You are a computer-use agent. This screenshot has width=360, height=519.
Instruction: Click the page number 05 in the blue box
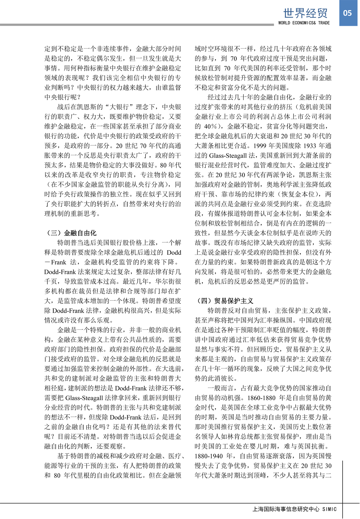tap(347, 13)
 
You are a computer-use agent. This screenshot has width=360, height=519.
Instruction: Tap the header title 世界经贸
tap(305, 13)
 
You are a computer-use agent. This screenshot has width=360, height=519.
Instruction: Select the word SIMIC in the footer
tap(329, 509)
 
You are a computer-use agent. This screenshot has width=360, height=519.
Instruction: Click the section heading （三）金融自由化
tap(71, 233)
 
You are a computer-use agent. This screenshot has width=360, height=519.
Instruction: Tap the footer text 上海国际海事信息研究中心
tap(286, 509)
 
